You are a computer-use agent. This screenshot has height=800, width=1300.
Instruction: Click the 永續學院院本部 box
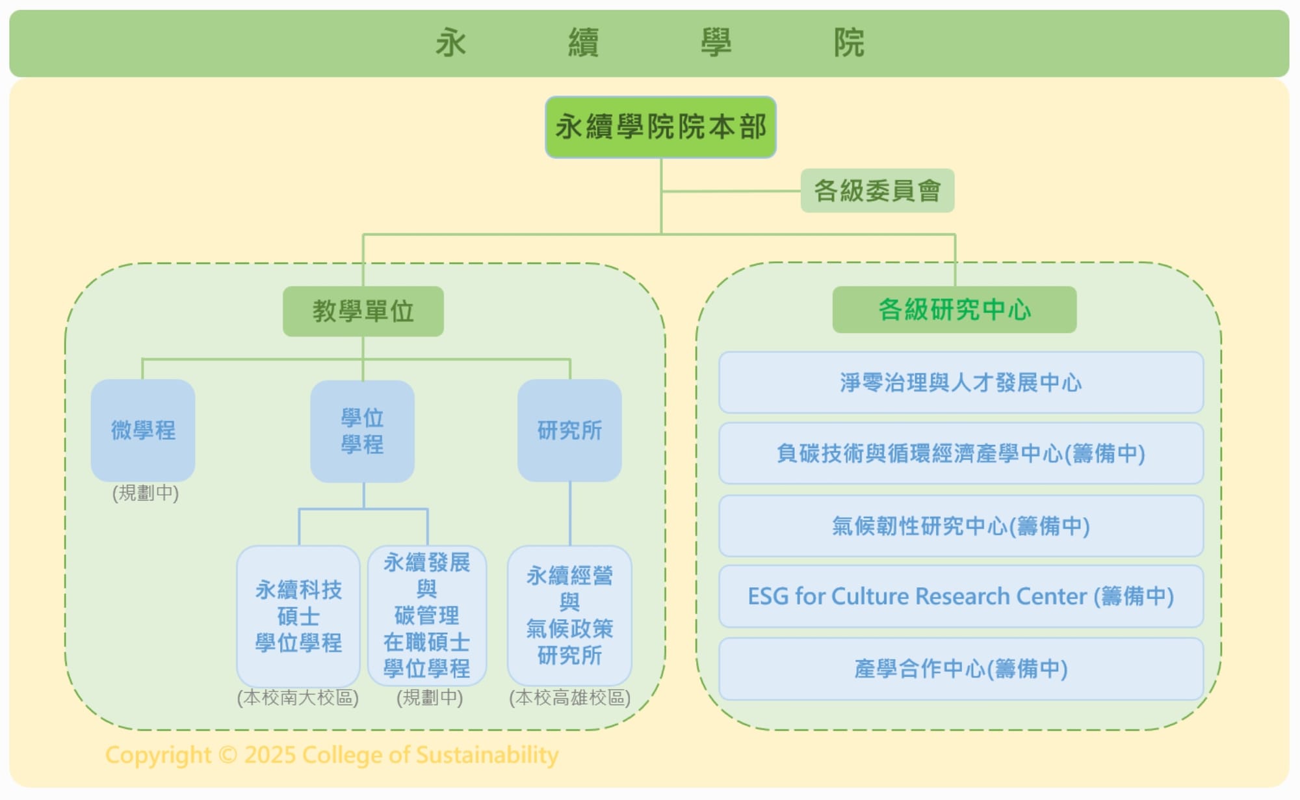[x=660, y=127]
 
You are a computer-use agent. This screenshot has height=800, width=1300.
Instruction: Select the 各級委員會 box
[x=877, y=191]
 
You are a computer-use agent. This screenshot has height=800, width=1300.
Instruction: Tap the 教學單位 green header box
[x=363, y=311]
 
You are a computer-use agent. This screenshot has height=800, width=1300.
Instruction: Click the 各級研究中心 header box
[x=954, y=310]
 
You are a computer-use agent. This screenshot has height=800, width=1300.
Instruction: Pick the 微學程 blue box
[x=143, y=430]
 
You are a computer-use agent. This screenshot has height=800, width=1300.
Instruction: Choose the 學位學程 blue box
[x=362, y=431]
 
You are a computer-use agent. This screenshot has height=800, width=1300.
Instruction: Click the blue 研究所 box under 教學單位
[x=569, y=430]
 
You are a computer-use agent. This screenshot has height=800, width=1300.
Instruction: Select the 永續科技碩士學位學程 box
[x=298, y=616]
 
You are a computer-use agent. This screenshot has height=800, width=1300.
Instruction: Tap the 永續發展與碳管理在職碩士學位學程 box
[x=427, y=615]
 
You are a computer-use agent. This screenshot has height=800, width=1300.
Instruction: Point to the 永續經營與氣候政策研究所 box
[x=569, y=615]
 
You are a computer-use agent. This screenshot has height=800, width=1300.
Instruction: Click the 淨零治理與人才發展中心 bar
[x=961, y=382]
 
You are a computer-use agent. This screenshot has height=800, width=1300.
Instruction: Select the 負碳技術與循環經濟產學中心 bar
[x=961, y=453]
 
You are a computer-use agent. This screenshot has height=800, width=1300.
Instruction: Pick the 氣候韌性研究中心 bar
[x=961, y=526]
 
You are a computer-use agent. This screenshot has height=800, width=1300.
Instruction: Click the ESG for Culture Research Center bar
[x=961, y=596]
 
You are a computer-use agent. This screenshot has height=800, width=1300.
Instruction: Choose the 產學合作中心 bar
[x=961, y=669]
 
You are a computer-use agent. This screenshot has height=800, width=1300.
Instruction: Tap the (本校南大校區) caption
[x=298, y=698]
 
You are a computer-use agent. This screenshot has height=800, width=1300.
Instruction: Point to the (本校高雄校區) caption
[x=569, y=698]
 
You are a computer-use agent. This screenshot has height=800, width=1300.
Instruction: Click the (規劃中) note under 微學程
[x=145, y=493]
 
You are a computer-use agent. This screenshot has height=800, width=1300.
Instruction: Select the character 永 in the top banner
[x=450, y=43]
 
